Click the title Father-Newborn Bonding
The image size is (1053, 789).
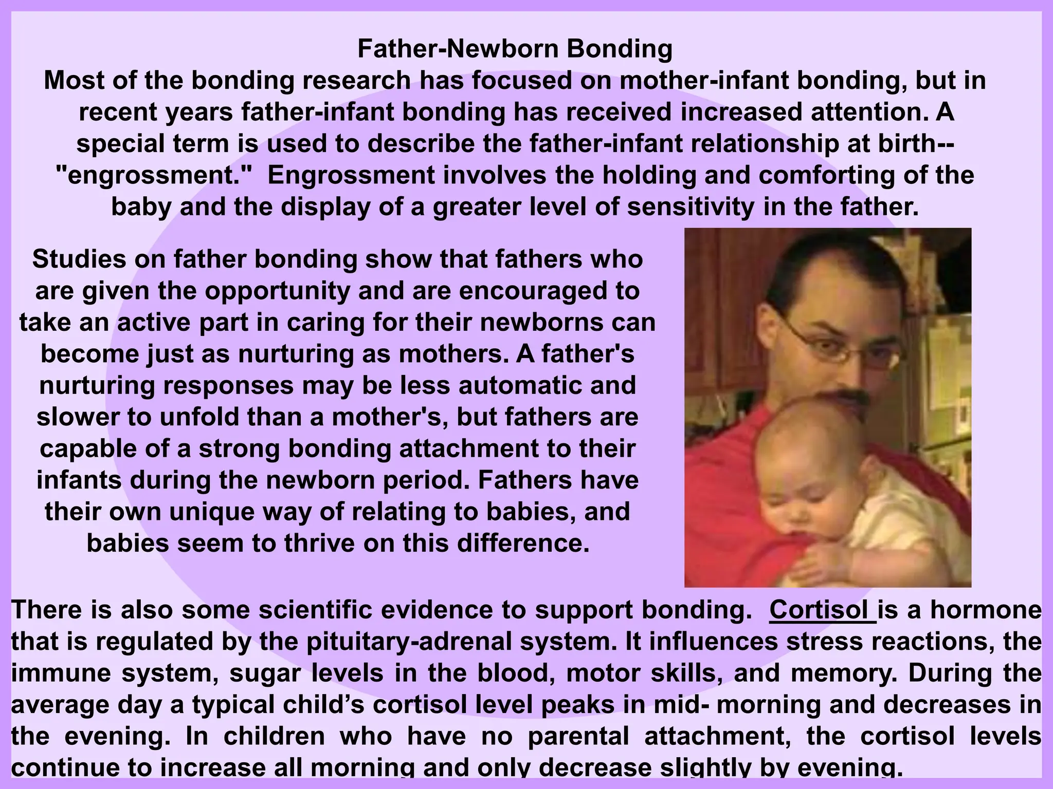pyautogui.click(x=515, y=49)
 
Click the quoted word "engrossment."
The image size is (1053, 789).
pyautogui.click(x=154, y=176)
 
